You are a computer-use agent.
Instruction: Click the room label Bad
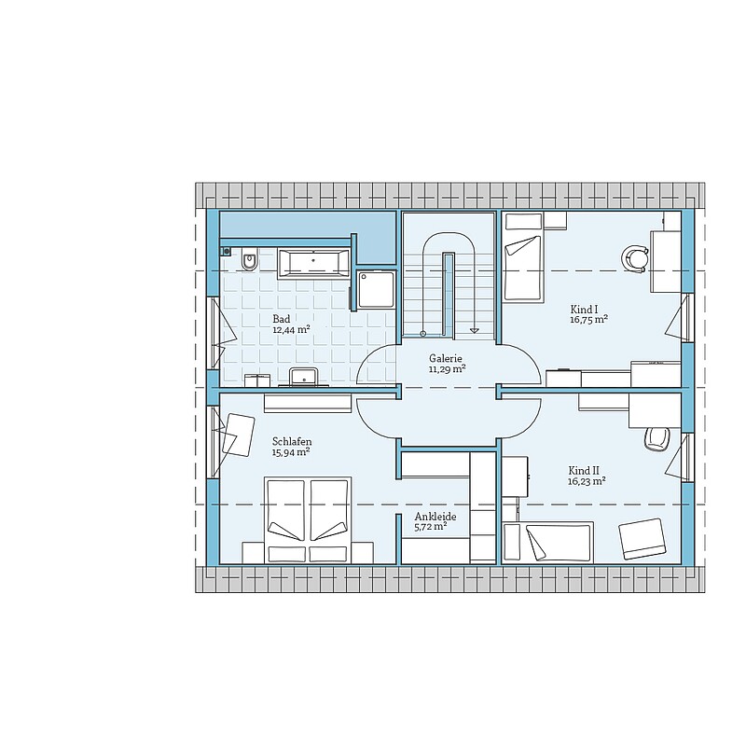coord(282,319)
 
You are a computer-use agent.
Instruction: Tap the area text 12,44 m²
coord(291,329)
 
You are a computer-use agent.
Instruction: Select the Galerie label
coord(446,358)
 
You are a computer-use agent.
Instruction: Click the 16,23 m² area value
coord(587,481)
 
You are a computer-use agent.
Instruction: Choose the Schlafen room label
coord(292,441)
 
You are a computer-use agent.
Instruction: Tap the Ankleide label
coord(435,517)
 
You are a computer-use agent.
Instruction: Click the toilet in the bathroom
coord(249,260)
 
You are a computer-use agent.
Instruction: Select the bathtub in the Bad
coord(313,262)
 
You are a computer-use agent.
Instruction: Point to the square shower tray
coord(377,289)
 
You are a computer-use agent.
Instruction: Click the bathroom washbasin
coord(304,377)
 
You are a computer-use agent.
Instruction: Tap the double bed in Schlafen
coord(308,520)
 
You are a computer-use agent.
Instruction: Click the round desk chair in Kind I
coord(635,259)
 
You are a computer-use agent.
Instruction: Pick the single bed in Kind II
coord(548,542)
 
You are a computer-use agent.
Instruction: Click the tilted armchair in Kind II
coord(642,539)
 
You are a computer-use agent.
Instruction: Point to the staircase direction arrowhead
coord(474,330)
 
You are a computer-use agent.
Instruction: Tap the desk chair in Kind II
coord(657,438)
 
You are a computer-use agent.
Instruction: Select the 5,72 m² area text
coord(431,527)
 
